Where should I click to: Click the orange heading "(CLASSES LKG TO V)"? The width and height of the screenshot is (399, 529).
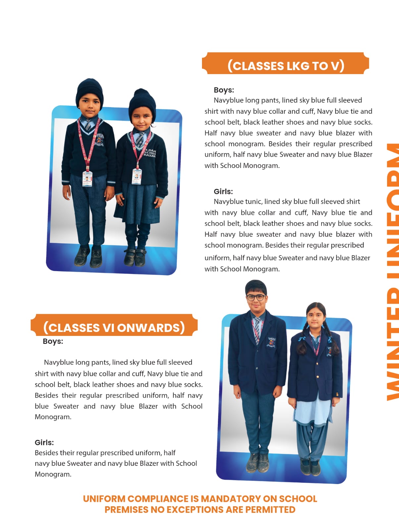[x=286, y=65]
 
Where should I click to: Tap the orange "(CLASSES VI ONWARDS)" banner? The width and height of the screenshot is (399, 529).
[x=114, y=327]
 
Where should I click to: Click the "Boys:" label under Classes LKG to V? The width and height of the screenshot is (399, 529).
[x=224, y=90]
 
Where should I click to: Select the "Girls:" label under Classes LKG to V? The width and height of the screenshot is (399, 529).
[x=223, y=191]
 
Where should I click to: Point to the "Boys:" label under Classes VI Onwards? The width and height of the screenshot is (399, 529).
[x=53, y=341]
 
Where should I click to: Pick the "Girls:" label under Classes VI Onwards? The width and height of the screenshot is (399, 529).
[x=44, y=442]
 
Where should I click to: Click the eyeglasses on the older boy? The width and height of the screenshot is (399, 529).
[x=256, y=297]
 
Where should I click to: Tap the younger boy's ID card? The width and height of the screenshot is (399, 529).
[x=87, y=179]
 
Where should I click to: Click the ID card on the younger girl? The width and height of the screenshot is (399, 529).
[x=137, y=176]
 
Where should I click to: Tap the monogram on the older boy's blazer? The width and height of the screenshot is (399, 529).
[x=271, y=342]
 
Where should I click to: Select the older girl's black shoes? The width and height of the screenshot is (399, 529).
[x=310, y=466]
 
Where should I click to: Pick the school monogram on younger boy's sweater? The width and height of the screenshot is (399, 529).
[x=100, y=140]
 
